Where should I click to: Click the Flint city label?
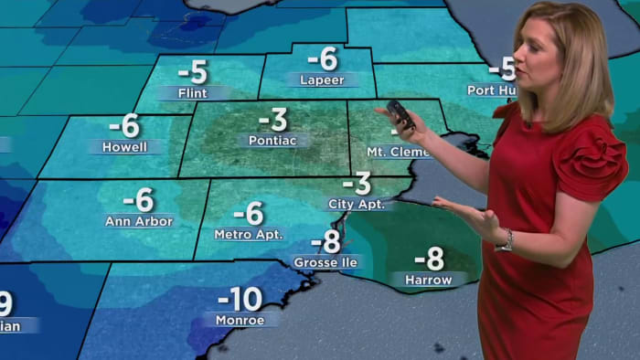click(x=194, y=92)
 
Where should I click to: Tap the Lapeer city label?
click(x=322, y=79)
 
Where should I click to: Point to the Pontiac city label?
click(x=272, y=141)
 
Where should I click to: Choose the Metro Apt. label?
click(x=249, y=234)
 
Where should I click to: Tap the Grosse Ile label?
click(x=325, y=262)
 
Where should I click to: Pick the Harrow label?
click(x=429, y=279)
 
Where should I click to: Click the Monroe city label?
click(x=240, y=320)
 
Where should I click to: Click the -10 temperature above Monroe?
click(x=240, y=299)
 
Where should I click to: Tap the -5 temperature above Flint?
click(x=194, y=71)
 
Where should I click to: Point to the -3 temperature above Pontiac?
click(x=272, y=120)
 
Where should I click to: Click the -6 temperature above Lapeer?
click(x=323, y=58)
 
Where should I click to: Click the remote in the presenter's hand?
click(x=400, y=114)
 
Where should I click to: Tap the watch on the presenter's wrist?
click(x=505, y=241)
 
